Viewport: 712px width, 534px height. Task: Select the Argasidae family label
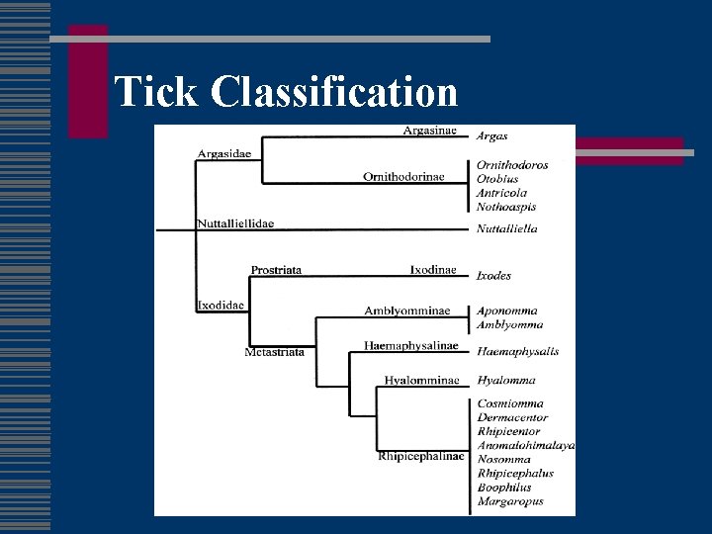tap(224, 153)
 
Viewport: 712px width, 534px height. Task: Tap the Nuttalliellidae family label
tap(235, 223)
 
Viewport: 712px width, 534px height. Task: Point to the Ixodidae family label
tap(221, 305)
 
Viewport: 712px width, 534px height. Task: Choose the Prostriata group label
tap(276, 270)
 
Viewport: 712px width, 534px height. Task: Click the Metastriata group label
tap(275, 351)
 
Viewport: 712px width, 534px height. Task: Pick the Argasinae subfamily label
tap(429, 131)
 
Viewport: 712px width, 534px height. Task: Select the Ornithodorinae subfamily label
tap(403, 177)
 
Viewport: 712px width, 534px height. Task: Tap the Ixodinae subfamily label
tap(433, 269)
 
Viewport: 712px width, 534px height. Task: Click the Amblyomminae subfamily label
tap(406, 311)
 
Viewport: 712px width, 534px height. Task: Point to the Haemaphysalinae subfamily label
tap(411, 345)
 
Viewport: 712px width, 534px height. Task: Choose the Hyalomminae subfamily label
tap(422, 380)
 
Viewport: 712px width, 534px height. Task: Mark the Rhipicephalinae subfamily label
tap(420, 456)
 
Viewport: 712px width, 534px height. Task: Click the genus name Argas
tap(492, 136)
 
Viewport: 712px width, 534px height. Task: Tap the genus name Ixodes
tap(494, 276)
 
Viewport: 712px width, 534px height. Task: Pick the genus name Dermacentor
tap(512, 417)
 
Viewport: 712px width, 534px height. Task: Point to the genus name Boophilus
tap(504, 488)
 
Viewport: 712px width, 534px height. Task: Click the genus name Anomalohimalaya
tap(526, 445)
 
